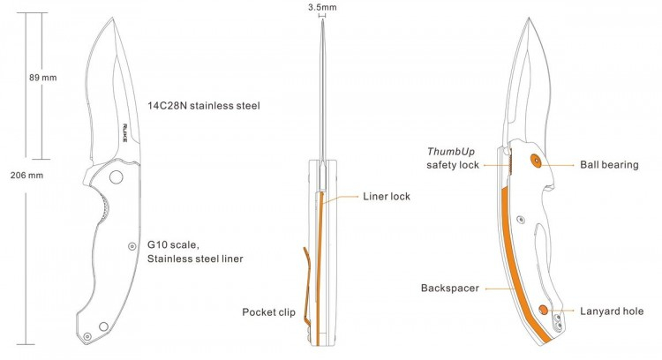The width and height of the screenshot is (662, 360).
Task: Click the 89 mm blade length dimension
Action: click(x=42, y=78)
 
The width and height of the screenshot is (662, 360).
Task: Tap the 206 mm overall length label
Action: click(x=26, y=175)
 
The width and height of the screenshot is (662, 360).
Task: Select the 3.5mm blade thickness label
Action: click(x=322, y=7)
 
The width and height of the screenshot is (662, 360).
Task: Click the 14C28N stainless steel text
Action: click(x=204, y=106)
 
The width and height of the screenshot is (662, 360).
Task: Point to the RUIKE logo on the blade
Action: click(x=125, y=132)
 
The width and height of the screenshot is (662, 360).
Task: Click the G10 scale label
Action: click(x=173, y=244)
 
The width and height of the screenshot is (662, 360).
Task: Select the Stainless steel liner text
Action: click(x=195, y=259)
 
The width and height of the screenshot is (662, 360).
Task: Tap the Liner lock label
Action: click(x=387, y=196)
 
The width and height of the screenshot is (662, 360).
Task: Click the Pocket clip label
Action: click(x=268, y=311)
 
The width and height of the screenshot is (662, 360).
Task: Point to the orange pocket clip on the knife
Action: click(x=309, y=287)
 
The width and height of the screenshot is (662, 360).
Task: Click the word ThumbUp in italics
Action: click(x=450, y=152)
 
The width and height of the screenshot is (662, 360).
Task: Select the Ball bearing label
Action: click(x=609, y=165)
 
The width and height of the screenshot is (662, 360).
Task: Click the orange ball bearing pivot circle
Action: click(x=536, y=161)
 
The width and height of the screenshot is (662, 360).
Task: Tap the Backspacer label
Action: click(x=449, y=289)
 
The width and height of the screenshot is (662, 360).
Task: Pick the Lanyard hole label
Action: click(x=612, y=311)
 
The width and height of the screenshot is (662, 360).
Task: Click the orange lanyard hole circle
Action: click(x=544, y=311)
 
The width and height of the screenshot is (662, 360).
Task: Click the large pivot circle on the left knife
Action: click(x=117, y=176)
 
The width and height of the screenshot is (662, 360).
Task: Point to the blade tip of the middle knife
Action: click(x=322, y=19)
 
